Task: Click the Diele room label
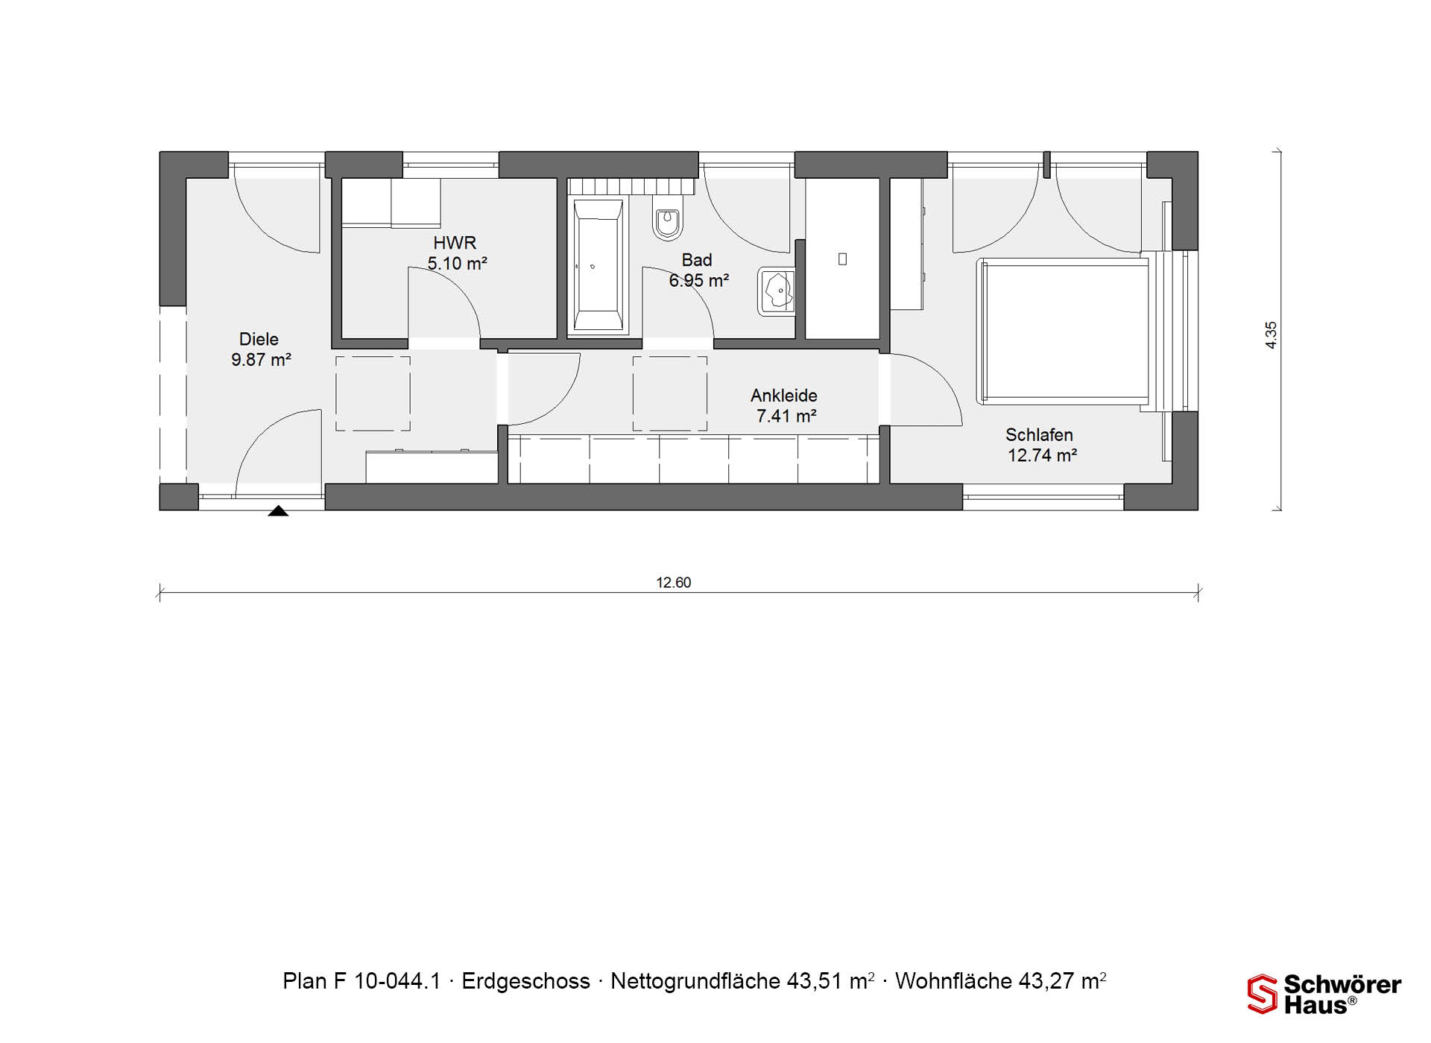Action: pyautogui.click(x=259, y=339)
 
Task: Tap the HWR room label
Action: pyautogui.click(x=455, y=243)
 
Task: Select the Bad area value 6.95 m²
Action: pyautogui.click(x=698, y=281)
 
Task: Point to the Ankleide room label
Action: pyautogui.click(x=784, y=396)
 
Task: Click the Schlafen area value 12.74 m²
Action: pyautogui.click(x=1042, y=455)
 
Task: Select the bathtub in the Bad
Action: pyautogui.click(x=598, y=265)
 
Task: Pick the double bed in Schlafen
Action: pyautogui.click(x=1067, y=332)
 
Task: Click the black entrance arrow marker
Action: pyautogui.click(x=278, y=511)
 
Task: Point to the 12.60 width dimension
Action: pyautogui.click(x=674, y=583)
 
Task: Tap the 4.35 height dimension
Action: pyautogui.click(x=1272, y=335)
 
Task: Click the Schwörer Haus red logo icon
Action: pyautogui.click(x=1262, y=994)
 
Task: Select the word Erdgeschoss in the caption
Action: pyautogui.click(x=526, y=981)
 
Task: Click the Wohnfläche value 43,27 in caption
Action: pyautogui.click(x=1048, y=981)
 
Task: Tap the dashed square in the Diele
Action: pyautogui.click(x=373, y=393)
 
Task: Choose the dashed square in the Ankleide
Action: pyautogui.click(x=670, y=393)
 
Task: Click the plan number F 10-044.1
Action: pyautogui.click(x=388, y=981)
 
